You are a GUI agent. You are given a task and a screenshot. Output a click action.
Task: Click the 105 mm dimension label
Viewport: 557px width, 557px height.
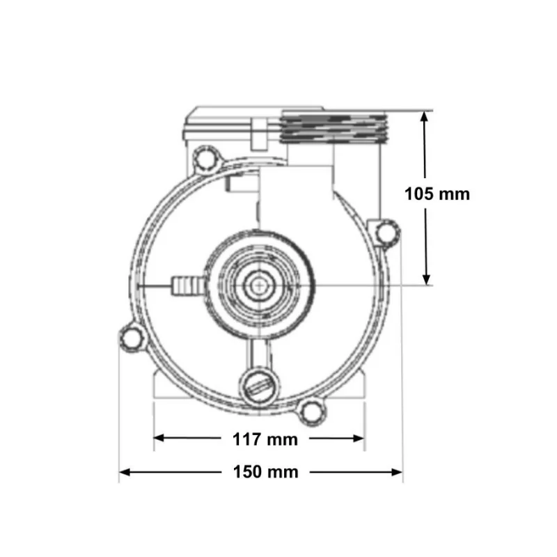click(437, 194)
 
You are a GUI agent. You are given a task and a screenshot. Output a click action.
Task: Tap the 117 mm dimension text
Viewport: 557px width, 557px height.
click(265, 439)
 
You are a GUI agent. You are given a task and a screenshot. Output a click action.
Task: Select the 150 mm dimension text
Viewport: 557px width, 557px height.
click(265, 472)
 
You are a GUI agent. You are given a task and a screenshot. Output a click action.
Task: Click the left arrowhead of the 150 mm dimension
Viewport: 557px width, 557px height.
click(125, 472)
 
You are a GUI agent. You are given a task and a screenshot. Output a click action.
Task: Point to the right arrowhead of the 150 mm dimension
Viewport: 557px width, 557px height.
click(397, 472)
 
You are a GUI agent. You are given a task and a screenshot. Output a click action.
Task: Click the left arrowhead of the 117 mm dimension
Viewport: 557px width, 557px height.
click(159, 438)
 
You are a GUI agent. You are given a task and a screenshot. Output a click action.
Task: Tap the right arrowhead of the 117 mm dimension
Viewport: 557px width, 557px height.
click(359, 438)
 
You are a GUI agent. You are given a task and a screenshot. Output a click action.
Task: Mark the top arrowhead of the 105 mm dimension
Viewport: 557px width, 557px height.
click(425, 116)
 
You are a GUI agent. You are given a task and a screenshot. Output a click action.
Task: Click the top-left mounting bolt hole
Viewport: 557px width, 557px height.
click(205, 159)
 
